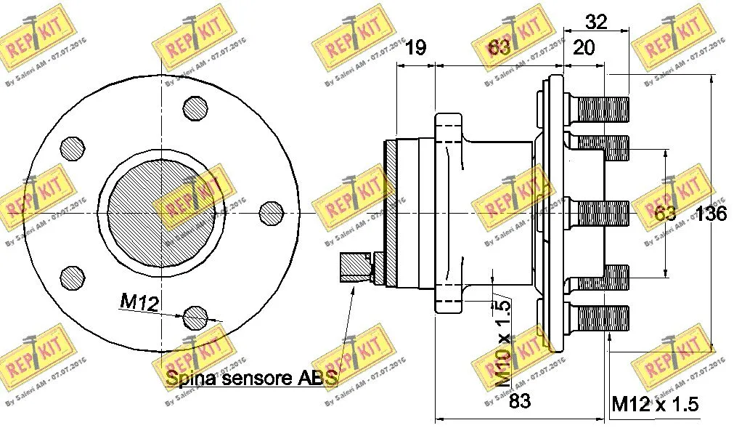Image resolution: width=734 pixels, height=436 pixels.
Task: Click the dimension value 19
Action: tap(415, 48)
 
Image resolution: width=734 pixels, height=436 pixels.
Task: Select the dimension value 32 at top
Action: tap(596, 22)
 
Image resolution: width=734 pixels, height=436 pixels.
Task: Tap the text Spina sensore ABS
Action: tap(252, 379)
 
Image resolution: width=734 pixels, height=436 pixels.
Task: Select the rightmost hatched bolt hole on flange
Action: tap(272, 211)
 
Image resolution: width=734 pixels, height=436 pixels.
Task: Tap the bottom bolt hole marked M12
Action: tap(196, 317)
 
